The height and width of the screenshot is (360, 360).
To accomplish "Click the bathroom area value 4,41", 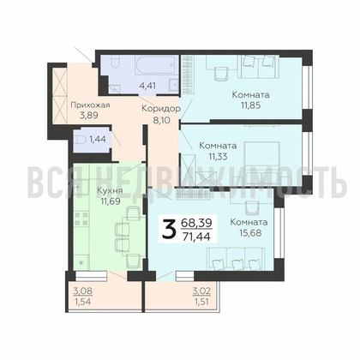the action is click(147, 86).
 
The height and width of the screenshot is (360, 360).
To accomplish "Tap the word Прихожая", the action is click(90, 105).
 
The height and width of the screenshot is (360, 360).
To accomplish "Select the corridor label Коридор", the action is click(161, 109).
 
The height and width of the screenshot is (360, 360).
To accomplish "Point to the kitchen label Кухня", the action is click(110, 190).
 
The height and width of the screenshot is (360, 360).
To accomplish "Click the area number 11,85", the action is click(250, 105).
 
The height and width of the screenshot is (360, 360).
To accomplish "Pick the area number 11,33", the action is click(218, 156).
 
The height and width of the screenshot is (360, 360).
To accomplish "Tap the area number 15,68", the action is click(249, 232).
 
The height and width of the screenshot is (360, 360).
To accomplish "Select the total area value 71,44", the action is click(197, 237).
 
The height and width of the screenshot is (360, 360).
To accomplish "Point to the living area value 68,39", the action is click(197, 222).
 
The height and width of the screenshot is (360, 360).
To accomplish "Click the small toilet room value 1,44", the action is click(98, 139).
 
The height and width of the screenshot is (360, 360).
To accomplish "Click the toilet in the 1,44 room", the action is click(80, 140).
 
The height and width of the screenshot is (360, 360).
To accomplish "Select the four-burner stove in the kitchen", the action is click(81, 219).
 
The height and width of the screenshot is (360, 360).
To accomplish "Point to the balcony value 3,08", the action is click(82, 291).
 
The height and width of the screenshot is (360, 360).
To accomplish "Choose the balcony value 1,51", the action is click(202, 302).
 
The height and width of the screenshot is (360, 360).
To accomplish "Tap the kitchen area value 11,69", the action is click(110, 201).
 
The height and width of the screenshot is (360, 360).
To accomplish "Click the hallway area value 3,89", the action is click(88, 116).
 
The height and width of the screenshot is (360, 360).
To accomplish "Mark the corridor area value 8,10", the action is click(161, 120).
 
